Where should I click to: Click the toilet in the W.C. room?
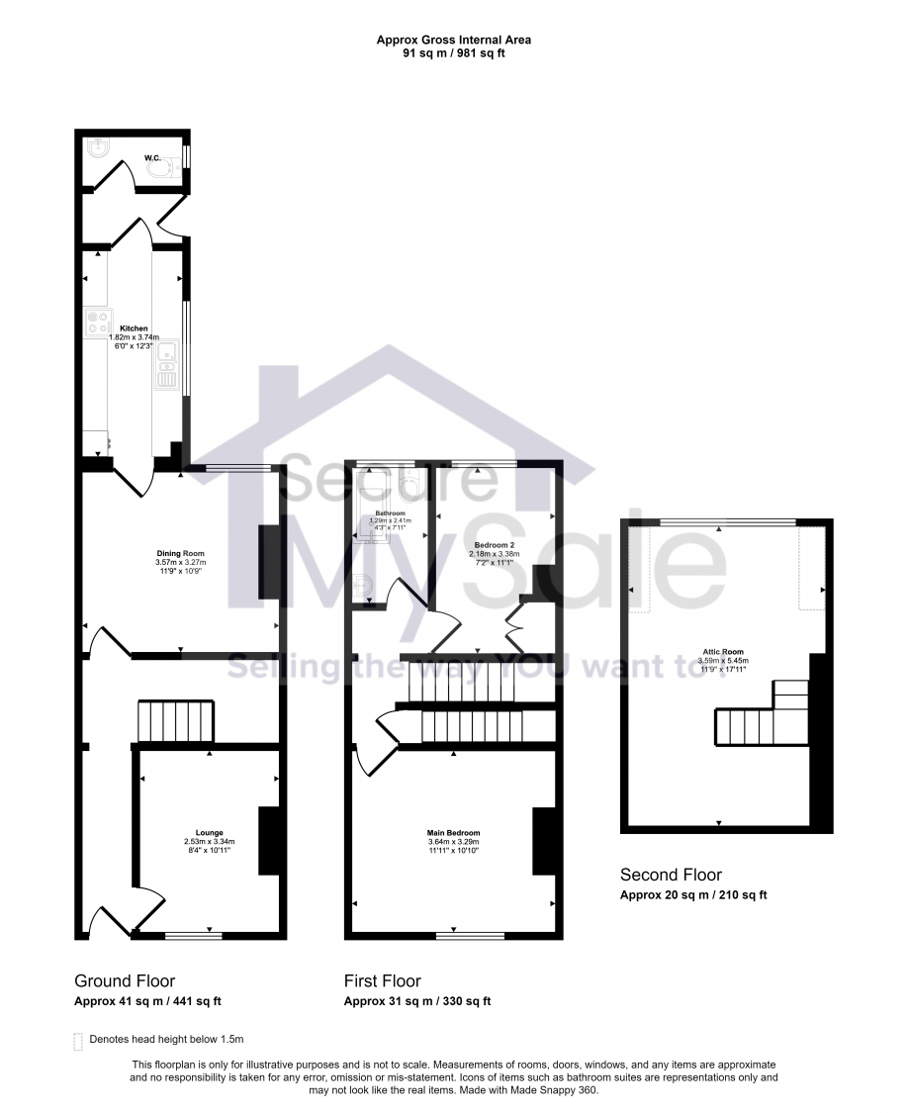click(160, 169)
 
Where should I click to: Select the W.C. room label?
click(153, 157)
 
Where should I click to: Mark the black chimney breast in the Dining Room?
click(267, 562)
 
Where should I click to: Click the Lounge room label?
click(209, 832)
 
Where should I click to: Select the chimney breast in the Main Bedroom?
click(543, 841)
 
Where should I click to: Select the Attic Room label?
click(719, 652)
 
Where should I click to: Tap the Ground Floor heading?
click(125, 980)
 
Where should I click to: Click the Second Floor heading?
click(671, 875)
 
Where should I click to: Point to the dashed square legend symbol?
click(79, 1040)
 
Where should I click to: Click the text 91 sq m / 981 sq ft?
click(454, 53)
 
